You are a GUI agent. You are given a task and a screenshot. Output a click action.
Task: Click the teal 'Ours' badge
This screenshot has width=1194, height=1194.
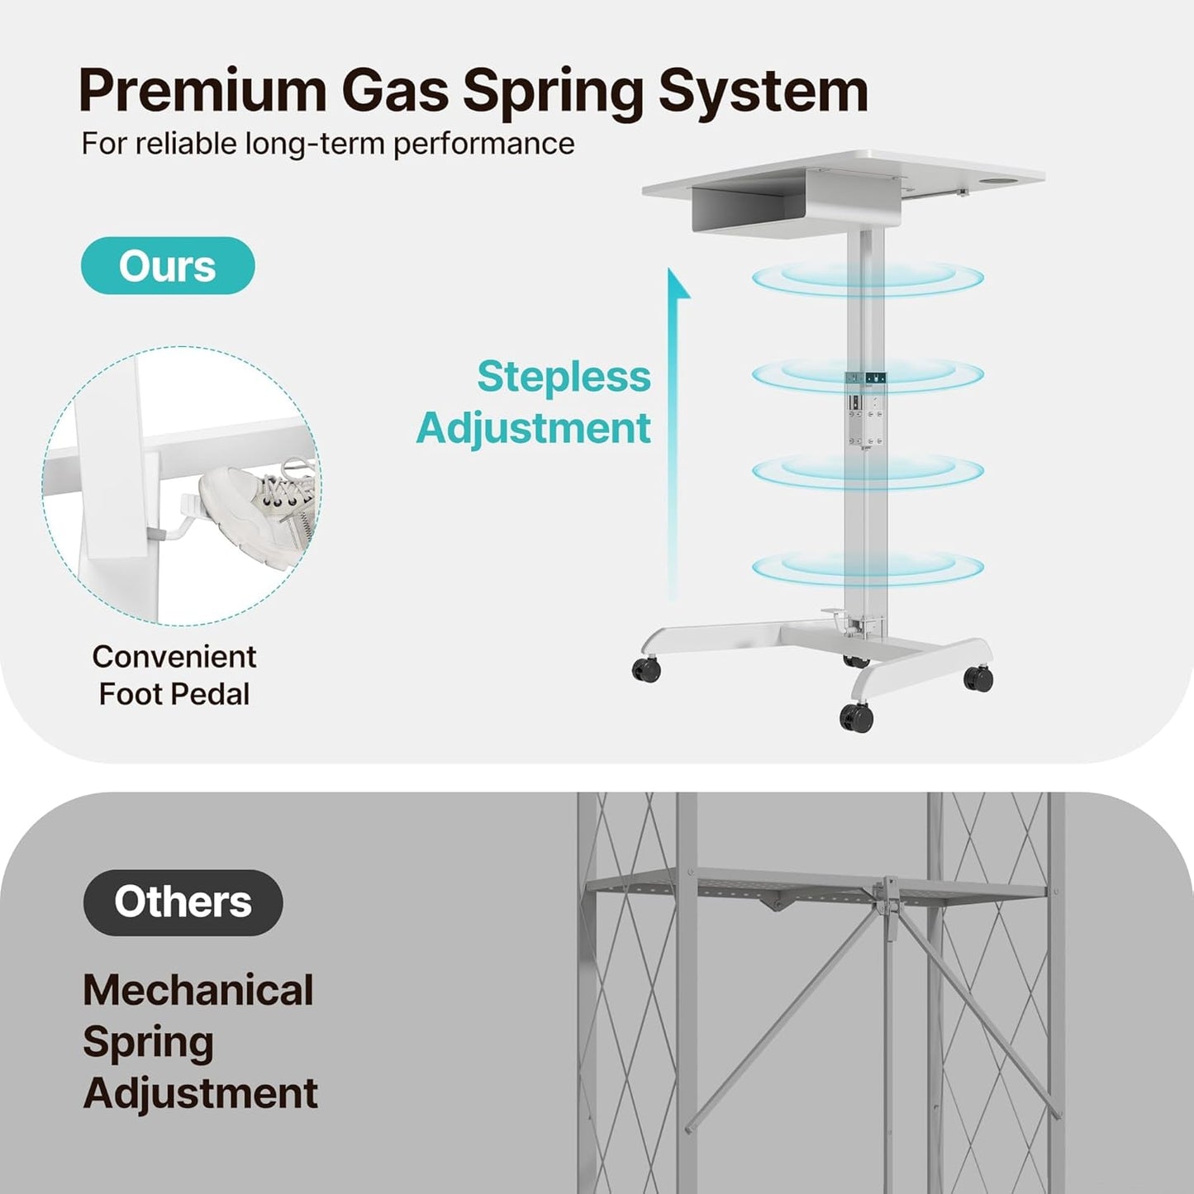(x=167, y=266)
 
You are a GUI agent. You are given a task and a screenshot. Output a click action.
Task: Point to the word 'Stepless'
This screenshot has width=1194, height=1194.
(x=564, y=376)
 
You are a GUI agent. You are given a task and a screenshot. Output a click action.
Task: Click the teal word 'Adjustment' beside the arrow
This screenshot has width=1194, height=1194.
(x=534, y=428)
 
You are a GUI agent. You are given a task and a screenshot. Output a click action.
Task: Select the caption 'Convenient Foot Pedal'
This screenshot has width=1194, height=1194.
(x=174, y=675)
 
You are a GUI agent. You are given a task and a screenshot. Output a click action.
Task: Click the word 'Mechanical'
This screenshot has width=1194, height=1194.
(x=198, y=990)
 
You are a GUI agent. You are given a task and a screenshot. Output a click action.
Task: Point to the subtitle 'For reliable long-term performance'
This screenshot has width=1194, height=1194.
(x=328, y=145)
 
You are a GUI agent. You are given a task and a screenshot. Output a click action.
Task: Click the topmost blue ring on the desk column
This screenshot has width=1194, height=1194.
(x=868, y=278)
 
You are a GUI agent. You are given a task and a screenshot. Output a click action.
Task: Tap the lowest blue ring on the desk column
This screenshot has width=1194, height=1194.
(x=868, y=567)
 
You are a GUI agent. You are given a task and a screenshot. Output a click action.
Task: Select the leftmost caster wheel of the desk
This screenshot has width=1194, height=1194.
(x=646, y=670)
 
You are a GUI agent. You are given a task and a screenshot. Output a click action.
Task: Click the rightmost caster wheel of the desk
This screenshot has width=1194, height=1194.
(x=978, y=678)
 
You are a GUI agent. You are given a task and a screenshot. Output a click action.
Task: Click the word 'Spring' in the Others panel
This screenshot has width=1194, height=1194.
(x=148, y=1044)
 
